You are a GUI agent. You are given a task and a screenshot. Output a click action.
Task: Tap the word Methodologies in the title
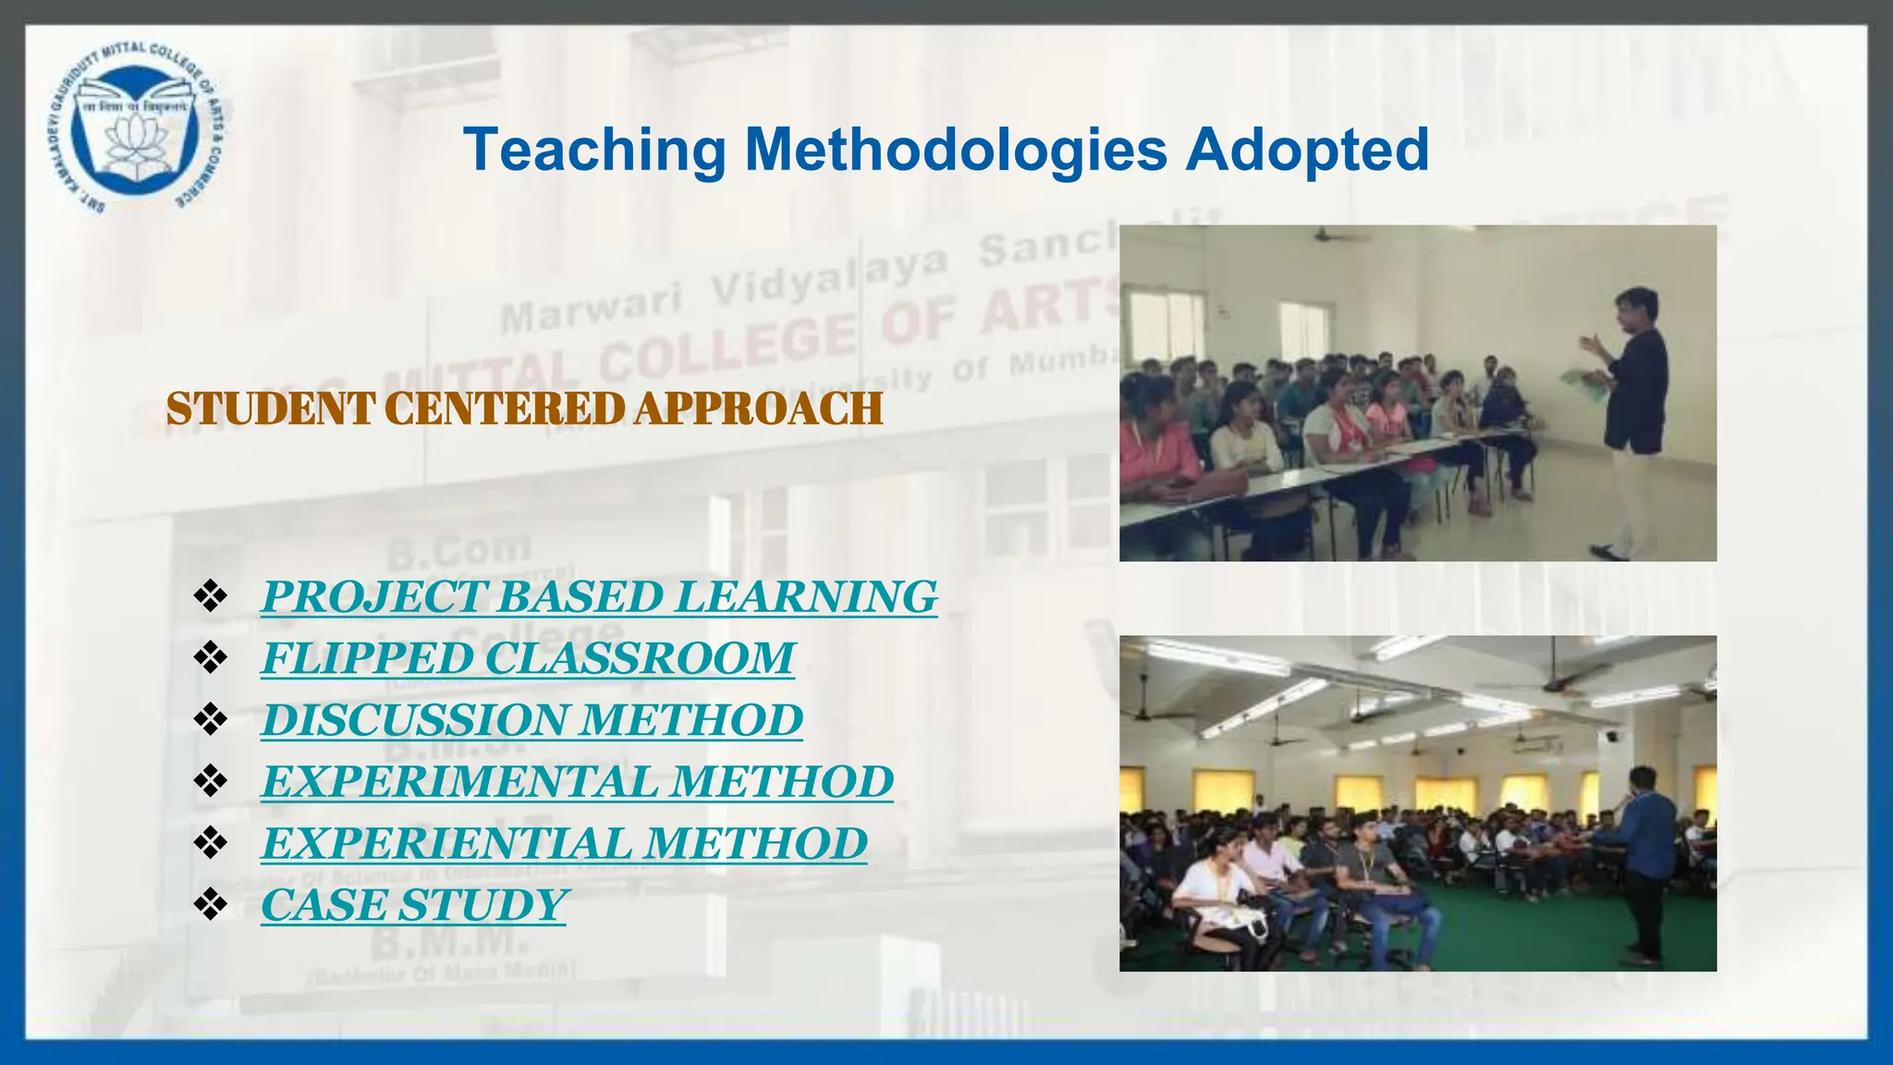click(956, 151)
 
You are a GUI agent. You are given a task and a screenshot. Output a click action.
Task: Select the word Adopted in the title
click(1307, 151)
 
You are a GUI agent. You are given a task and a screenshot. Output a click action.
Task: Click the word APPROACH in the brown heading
click(758, 410)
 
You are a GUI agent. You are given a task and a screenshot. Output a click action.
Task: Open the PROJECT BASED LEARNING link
click(599, 596)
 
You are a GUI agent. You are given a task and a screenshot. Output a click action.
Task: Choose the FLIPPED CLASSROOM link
click(527, 658)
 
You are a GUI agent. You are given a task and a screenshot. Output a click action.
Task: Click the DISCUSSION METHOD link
click(531, 720)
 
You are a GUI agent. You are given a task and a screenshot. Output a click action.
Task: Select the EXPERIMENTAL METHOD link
click(577, 782)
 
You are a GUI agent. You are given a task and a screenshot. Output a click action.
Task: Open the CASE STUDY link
click(413, 905)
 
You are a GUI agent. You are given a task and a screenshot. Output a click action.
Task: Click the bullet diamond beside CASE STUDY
click(211, 905)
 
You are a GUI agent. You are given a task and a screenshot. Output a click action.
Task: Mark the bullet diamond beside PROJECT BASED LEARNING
click(211, 596)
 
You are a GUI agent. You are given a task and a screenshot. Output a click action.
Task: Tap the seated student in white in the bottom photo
click(1211, 887)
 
